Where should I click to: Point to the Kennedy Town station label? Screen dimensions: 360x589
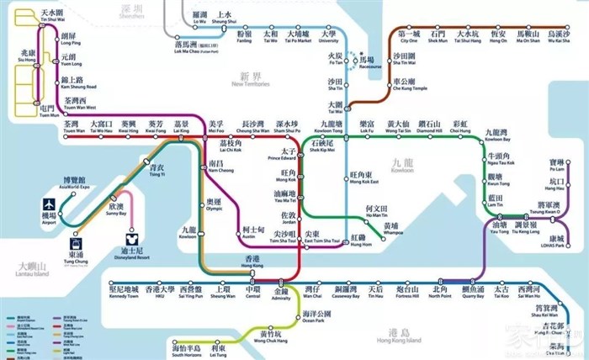pyautogui.click(x=129, y=292)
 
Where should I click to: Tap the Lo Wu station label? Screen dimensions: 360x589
pyautogui.click(x=199, y=18)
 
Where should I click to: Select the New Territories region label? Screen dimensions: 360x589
pyautogui.click(x=249, y=80)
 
